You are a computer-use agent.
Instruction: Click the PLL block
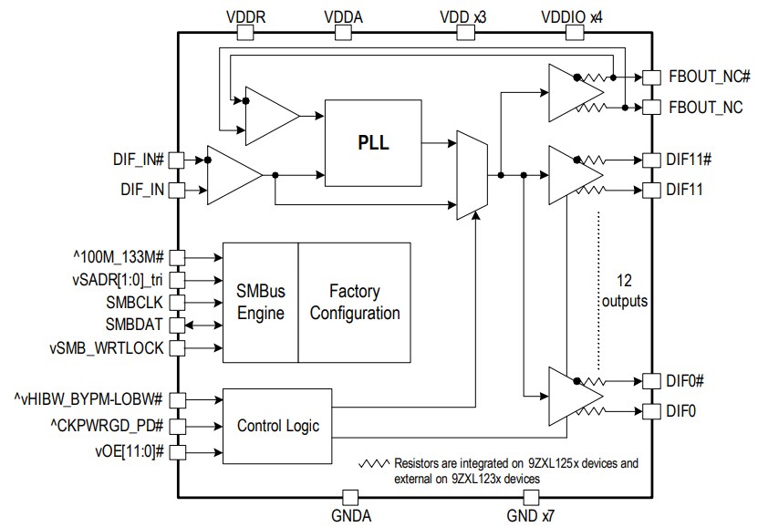(x=374, y=143)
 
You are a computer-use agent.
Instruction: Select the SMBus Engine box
(x=260, y=303)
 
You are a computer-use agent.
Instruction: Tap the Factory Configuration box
(x=354, y=303)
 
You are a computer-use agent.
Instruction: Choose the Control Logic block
(x=278, y=425)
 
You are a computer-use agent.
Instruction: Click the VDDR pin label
(x=244, y=15)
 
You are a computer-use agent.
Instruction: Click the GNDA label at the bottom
(x=349, y=516)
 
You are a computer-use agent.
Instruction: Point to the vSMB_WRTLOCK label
(x=108, y=347)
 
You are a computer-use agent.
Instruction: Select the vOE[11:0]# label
(x=128, y=450)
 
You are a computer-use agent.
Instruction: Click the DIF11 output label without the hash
(x=682, y=190)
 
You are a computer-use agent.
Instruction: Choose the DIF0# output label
(x=686, y=380)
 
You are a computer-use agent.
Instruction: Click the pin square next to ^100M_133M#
(x=177, y=256)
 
